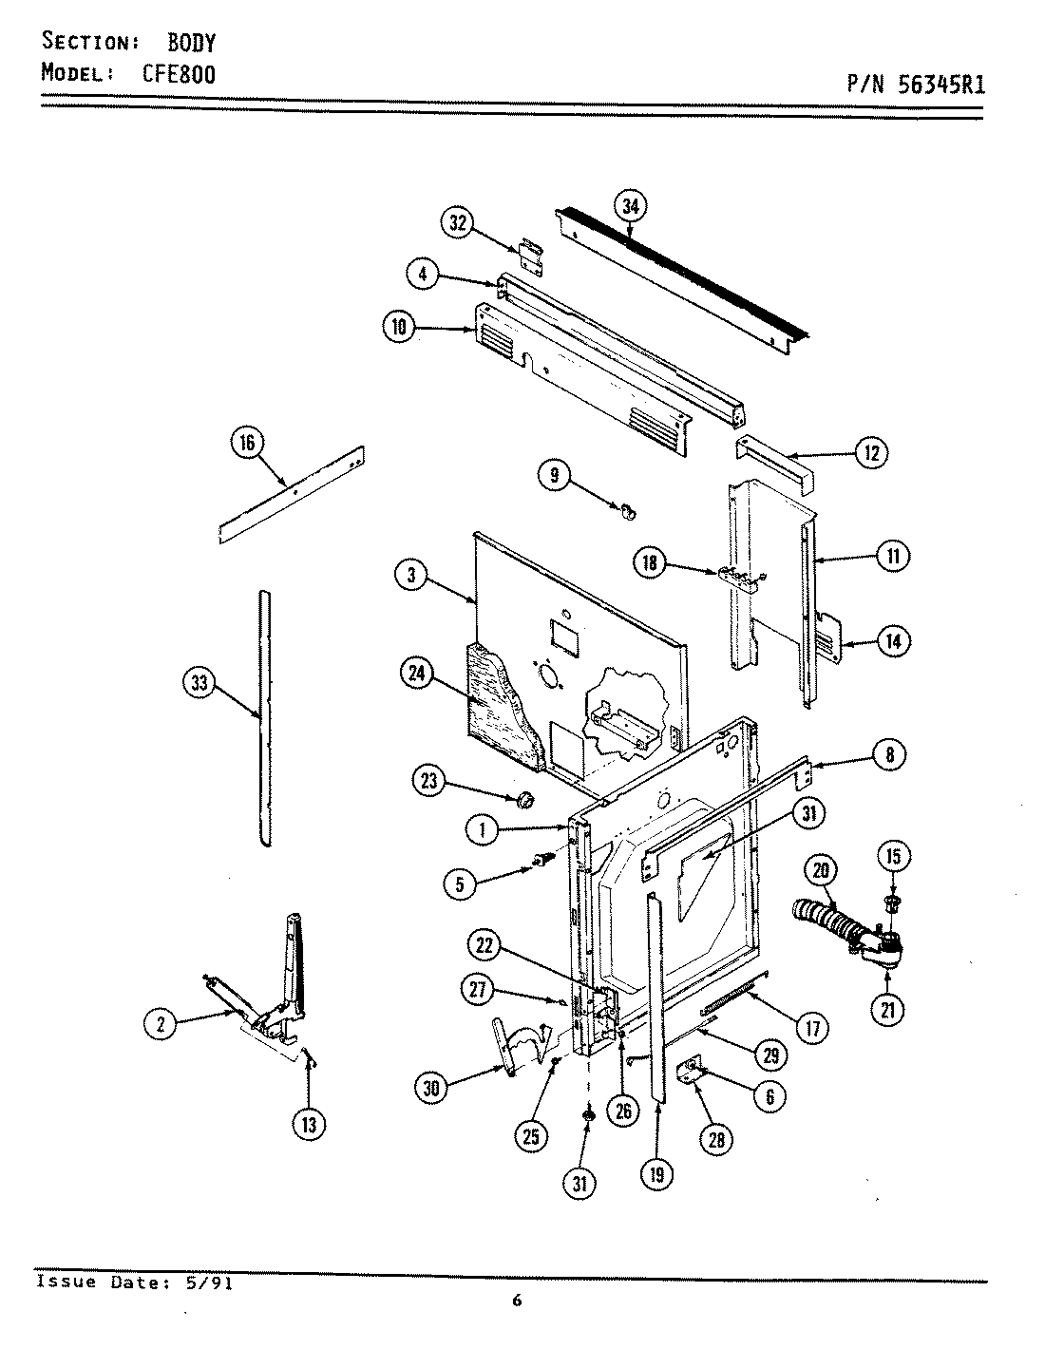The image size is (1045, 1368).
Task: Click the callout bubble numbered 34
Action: pyautogui.click(x=629, y=204)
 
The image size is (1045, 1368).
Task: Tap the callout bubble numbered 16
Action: pyautogui.click(x=249, y=443)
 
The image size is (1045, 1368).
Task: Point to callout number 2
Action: pyautogui.click(x=161, y=1024)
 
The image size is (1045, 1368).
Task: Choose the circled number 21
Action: pyautogui.click(x=887, y=1011)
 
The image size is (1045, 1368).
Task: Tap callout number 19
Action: pyautogui.click(x=656, y=1174)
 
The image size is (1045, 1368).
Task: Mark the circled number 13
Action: pyautogui.click(x=310, y=1125)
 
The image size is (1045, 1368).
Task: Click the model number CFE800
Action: pyautogui.click(x=179, y=74)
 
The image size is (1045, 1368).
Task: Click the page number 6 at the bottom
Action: pyautogui.click(x=517, y=1301)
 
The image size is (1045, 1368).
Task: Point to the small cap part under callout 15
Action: pyautogui.click(x=892, y=901)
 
